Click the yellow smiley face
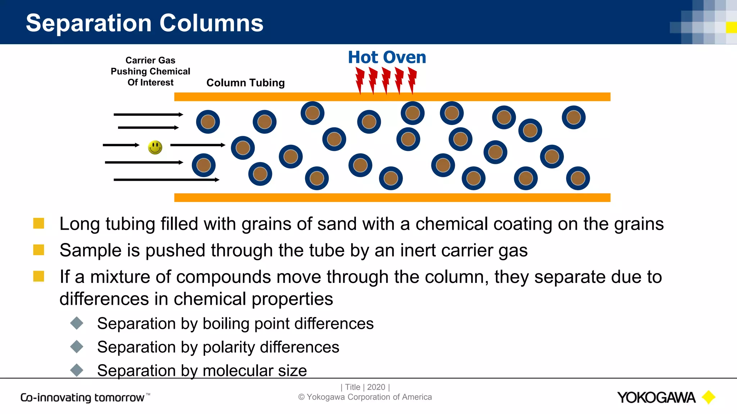155,147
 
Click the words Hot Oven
387,57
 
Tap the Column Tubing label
245,83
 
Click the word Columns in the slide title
211,23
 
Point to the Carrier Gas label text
150,60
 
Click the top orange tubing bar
392,97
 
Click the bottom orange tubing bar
392,198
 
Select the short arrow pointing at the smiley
121,145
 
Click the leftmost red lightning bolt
360,80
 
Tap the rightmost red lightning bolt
412,80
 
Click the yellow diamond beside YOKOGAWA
709,397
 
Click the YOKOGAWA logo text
656,397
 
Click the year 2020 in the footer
376,387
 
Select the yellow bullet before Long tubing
39,223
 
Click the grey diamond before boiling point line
77,323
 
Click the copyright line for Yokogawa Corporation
365,397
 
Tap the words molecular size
254,371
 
